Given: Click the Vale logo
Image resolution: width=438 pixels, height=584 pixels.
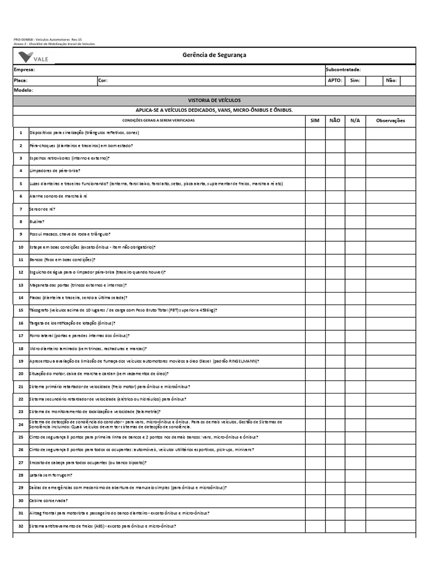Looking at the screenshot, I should click(33, 56).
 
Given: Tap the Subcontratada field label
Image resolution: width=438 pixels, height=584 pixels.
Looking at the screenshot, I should click(343, 70).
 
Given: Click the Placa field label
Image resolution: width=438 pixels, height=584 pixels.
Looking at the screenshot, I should click(21, 80).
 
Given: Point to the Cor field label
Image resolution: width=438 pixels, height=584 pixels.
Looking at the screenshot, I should click(103, 80).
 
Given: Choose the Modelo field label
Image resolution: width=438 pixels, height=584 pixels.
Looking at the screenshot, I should click(23, 90).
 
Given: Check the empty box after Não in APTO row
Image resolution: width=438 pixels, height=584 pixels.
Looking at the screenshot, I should click(408, 80).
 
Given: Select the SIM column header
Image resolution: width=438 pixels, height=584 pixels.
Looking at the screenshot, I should click(315, 120).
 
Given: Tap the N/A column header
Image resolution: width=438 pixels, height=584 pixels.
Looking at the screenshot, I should click(355, 120).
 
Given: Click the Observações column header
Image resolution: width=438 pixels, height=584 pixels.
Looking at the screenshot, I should click(390, 120).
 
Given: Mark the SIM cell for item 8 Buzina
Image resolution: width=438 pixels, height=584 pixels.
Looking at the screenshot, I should click(315, 221).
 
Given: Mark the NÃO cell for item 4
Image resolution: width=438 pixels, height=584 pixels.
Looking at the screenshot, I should click(335, 171).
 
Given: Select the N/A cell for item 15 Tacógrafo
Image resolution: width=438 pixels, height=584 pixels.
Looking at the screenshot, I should click(355, 310).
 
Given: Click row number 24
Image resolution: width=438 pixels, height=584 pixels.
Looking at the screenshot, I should click(21, 424).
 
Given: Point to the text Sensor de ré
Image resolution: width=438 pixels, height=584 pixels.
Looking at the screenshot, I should click(42, 209).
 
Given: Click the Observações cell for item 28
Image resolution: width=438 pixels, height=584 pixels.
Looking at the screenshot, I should click(390, 475).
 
